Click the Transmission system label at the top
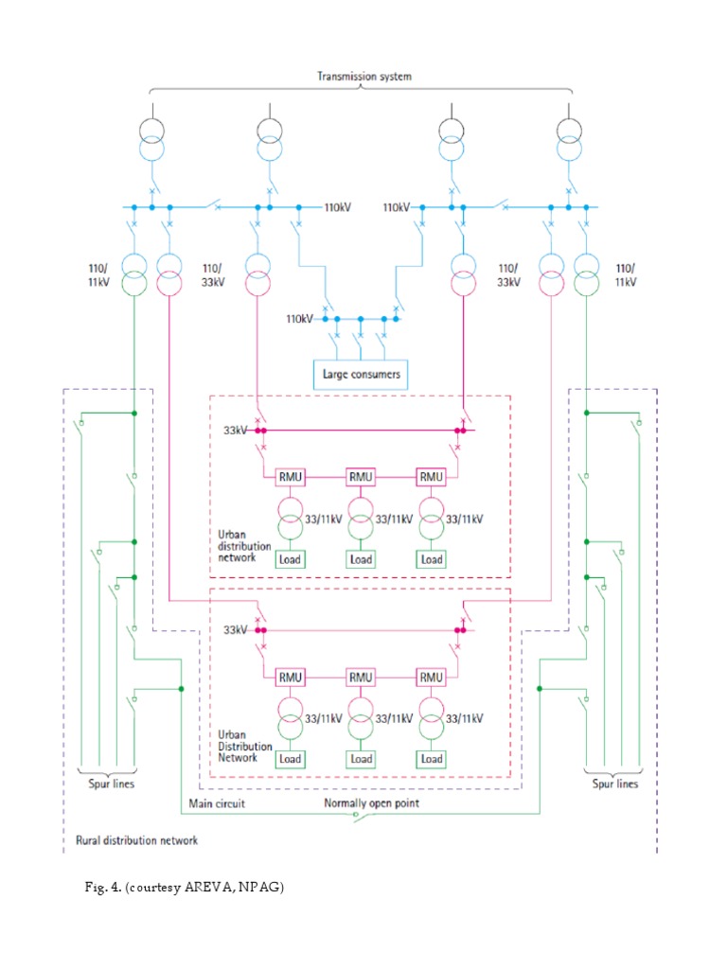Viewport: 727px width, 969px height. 363,77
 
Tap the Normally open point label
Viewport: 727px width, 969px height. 371,803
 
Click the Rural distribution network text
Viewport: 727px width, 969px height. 136,839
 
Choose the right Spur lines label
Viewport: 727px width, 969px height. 614,784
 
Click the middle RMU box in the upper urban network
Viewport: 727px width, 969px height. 361,477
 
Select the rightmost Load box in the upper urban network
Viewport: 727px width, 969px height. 432,559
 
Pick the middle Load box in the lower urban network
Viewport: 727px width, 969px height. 361,759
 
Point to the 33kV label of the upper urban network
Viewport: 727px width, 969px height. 235,431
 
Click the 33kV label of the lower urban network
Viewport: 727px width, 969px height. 235,629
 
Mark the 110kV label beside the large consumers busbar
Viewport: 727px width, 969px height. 299,319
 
